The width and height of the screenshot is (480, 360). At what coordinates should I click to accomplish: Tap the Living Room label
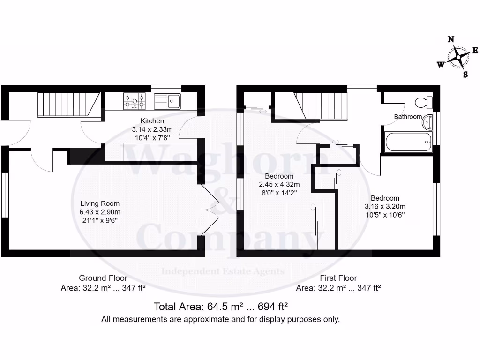100,203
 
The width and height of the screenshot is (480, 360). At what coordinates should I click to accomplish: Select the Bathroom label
408,117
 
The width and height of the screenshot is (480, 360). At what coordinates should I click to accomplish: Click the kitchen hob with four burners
134,101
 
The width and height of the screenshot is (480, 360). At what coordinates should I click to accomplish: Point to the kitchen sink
167,101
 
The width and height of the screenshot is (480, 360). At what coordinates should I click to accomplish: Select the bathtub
408,141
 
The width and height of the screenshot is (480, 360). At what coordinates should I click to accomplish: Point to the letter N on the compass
451,39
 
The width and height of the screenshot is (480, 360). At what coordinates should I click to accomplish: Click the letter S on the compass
465,74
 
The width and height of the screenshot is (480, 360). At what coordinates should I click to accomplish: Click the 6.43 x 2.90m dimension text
100,212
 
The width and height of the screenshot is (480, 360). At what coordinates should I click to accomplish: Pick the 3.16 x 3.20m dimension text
385,206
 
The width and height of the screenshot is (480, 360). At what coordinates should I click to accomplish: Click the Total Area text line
220,307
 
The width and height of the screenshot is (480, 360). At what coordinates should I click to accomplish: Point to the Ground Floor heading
103,278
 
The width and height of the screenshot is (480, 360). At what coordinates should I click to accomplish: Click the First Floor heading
338,278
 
